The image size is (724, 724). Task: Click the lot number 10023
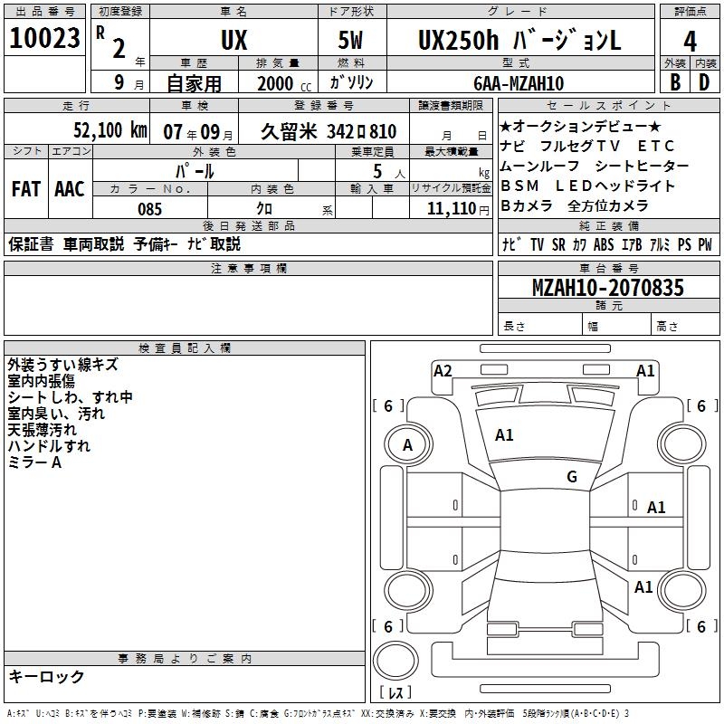[x=44, y=39]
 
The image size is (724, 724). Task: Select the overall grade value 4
[x=690, y=42]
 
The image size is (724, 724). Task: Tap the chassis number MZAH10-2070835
[x=607, y=288]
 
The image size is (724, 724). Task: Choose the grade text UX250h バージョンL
[x=519, y=41]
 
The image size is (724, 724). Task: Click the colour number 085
[x=150, y=208]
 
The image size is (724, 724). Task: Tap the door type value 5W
[x=353, y=42]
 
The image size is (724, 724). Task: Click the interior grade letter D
[x=704, y=82]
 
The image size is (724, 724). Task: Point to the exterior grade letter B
[x=675, y=82]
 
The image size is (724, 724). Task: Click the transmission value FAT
[x=25, y=189]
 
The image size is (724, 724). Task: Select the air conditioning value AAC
[x=70, y=189]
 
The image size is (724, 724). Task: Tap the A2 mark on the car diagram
[x=443, y=370]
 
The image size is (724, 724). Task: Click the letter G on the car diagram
[x=571, y=477]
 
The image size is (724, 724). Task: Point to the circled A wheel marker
[x=407, y=445]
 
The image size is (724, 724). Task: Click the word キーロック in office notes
[x=46, y=676]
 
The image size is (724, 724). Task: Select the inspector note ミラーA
[x=34, y=462]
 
